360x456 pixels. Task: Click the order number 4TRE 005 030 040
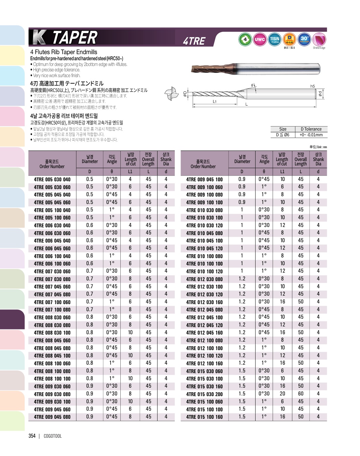tap(52, 180)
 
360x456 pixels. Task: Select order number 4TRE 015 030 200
tap(204, 394)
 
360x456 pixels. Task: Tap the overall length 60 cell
tap(301, 394)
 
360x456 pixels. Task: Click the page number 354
tap(32, 436)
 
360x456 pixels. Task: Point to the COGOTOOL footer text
tap(53, 436)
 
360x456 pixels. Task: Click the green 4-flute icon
tap(245, 39)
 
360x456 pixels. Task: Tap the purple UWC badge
tap(260, 39)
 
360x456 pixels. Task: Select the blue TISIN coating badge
tap(274, 39)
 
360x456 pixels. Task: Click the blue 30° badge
tap(304, 39)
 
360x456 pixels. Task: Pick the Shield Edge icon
tap(319, 40)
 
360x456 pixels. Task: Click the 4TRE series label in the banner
tap(194, 41)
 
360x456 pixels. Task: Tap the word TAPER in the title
tap(75, 37)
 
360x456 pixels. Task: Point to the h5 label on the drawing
tap(312, 86)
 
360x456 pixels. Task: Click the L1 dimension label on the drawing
tap(214, 101)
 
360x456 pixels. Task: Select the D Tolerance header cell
tap(311, 129)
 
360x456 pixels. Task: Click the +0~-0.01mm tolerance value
tap(311, 135)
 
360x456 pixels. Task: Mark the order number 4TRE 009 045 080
tap(52, 417)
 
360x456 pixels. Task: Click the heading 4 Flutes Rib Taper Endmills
tap(64, 52)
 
